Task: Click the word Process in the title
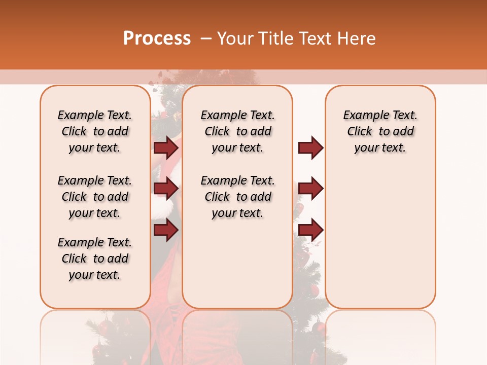157,39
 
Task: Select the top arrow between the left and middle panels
166,148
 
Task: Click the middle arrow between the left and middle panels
166,189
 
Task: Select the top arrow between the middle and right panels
310,148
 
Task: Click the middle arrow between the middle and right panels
310,189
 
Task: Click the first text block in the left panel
95,131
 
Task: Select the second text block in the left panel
95,197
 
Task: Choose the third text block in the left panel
95,259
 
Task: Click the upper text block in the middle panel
238,131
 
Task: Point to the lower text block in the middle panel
238,197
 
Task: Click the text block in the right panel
380,131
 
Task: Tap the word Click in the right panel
360,132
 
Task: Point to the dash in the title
206,39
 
